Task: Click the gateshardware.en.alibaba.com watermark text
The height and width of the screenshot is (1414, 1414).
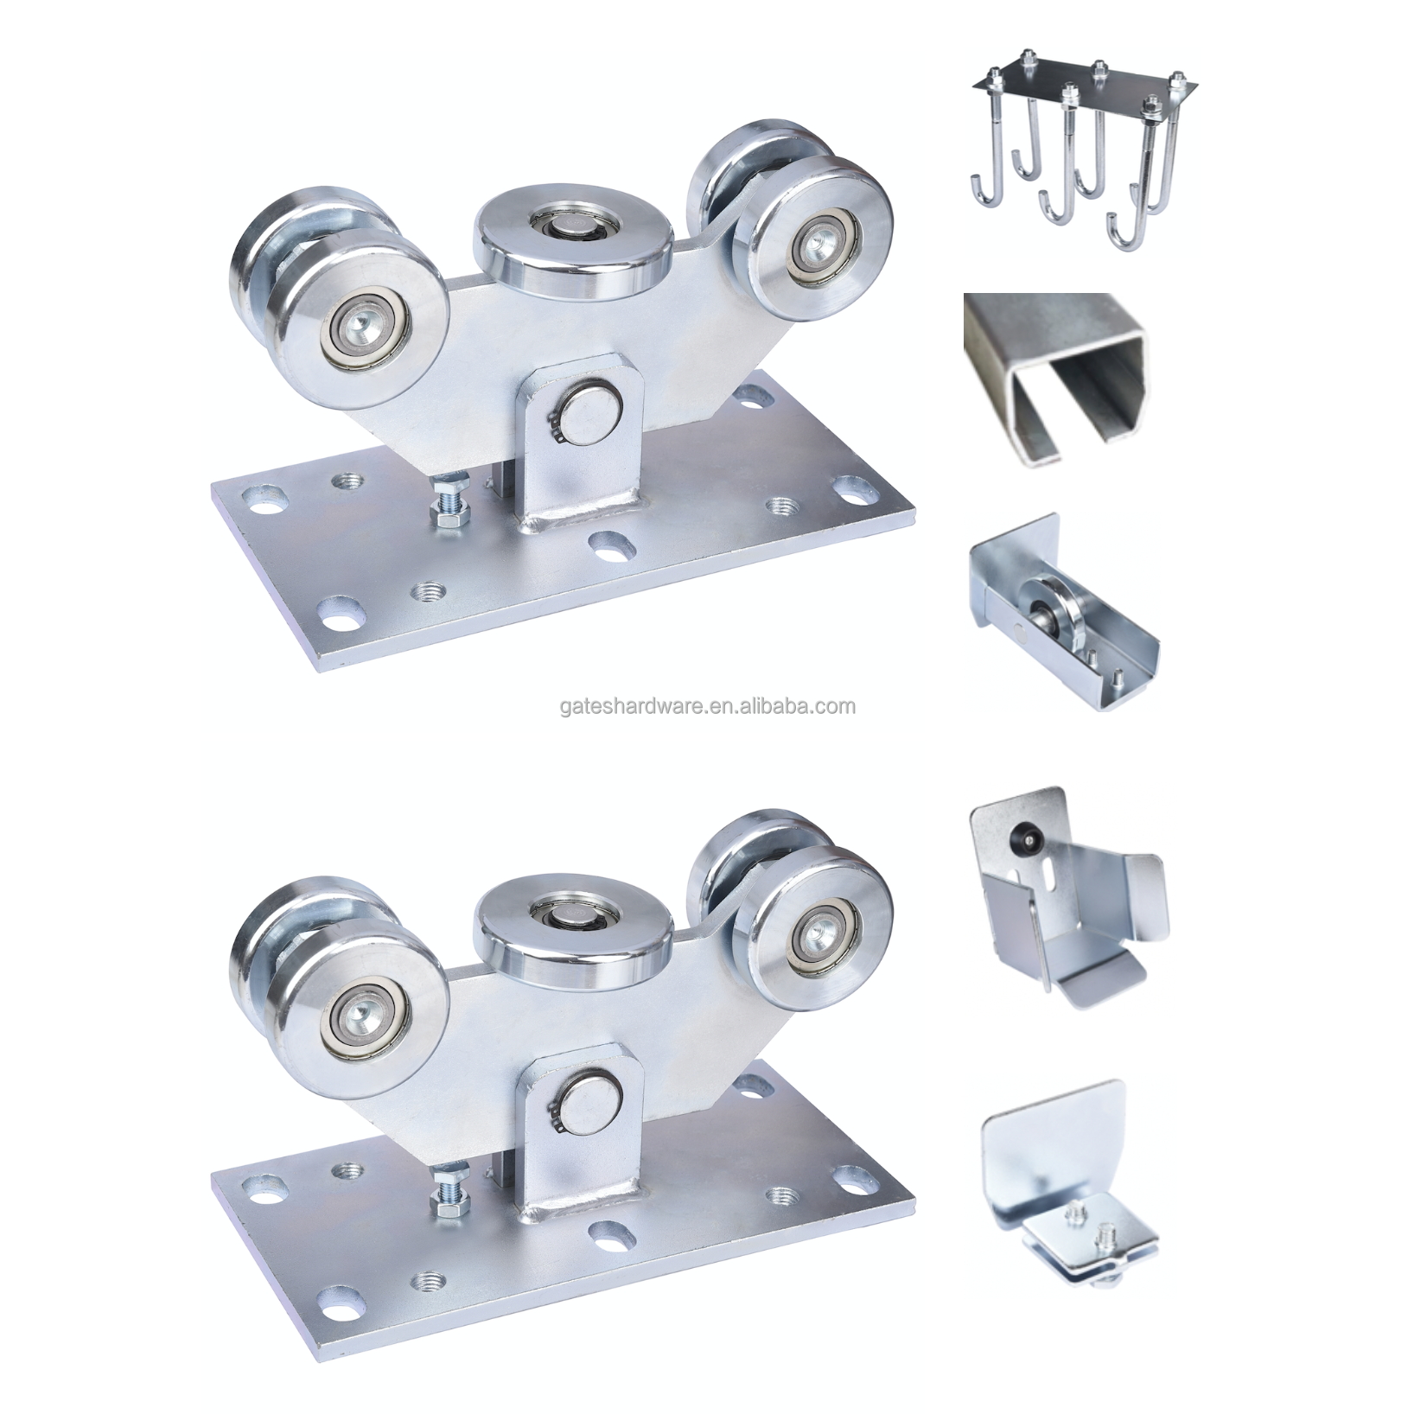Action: pos(707,706)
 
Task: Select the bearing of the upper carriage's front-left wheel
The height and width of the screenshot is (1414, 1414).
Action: pos(359,329)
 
